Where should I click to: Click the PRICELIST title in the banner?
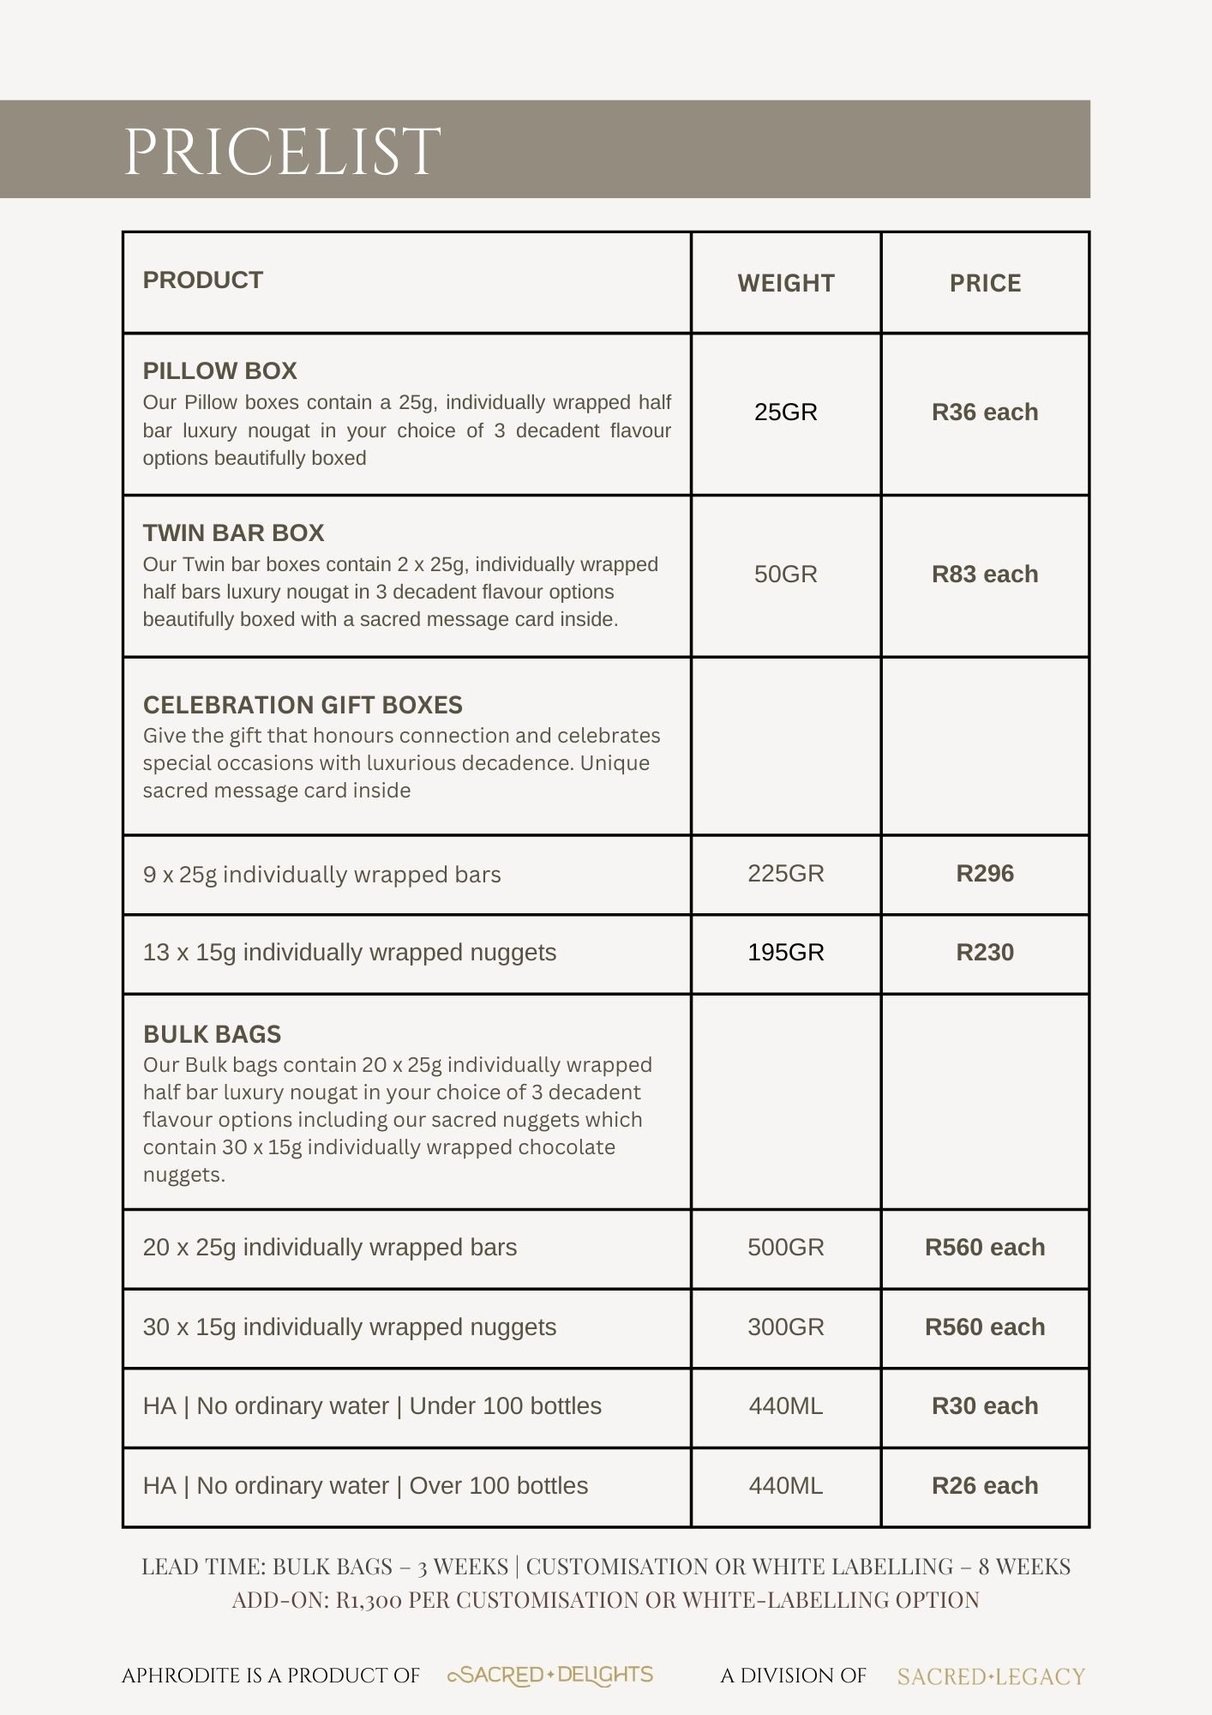(282, 151)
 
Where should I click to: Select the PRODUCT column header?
(202, 280)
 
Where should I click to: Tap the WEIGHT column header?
(785, 284)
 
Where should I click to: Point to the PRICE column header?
(985, 284)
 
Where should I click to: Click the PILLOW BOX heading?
(219, 371)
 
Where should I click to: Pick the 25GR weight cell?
(785, 412)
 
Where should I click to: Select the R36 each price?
(985, 412)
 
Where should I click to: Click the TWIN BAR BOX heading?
(233, 533)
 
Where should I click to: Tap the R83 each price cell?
(985, 575)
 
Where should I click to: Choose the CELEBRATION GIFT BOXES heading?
(303, 705)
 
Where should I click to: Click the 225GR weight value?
(785, 874)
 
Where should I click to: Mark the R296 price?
(985, 874)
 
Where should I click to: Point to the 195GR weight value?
(785, 953)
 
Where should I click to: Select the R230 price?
(985, 953)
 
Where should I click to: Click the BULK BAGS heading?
(212, 1034)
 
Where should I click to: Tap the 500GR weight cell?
(785, 1248)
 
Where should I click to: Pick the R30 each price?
(985, 1406)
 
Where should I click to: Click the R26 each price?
(985, 1486)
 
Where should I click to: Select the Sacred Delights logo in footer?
(550, 1676)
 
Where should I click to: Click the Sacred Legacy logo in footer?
(991, 1676)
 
